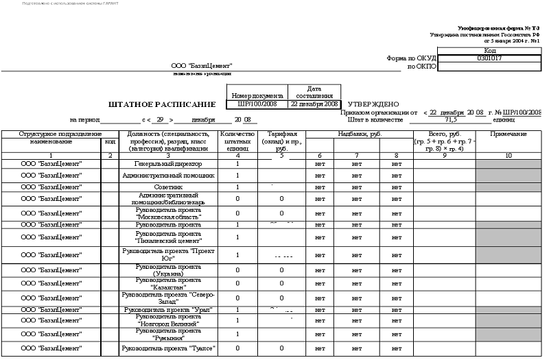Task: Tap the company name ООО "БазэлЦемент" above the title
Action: coord(202,66)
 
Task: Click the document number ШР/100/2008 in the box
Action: coord(257,104)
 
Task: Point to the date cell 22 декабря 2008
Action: coord(314,104)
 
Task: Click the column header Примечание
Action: coord(509,134)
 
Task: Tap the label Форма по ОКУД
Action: coord(412,58)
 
